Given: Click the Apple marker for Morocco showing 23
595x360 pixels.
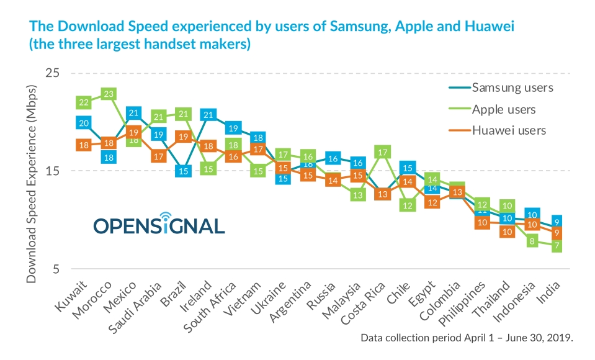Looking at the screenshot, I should click(109, 94).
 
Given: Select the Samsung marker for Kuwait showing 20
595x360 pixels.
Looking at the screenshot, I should click(84, 123).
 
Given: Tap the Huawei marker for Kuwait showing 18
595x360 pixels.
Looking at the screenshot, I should click(84, 145).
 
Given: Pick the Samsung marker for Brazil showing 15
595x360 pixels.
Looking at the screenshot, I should click(183, 171).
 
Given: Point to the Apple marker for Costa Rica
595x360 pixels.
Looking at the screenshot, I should click(382, 151).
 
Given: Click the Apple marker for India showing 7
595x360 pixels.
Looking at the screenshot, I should click(557, 246).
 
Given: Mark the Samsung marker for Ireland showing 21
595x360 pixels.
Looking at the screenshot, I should click(208, 114).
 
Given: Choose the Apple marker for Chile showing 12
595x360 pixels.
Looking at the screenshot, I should click(408, 205).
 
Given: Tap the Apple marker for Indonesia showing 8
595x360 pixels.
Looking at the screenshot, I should click(532, 241).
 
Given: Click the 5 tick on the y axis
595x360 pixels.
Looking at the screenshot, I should click(55, 269).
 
